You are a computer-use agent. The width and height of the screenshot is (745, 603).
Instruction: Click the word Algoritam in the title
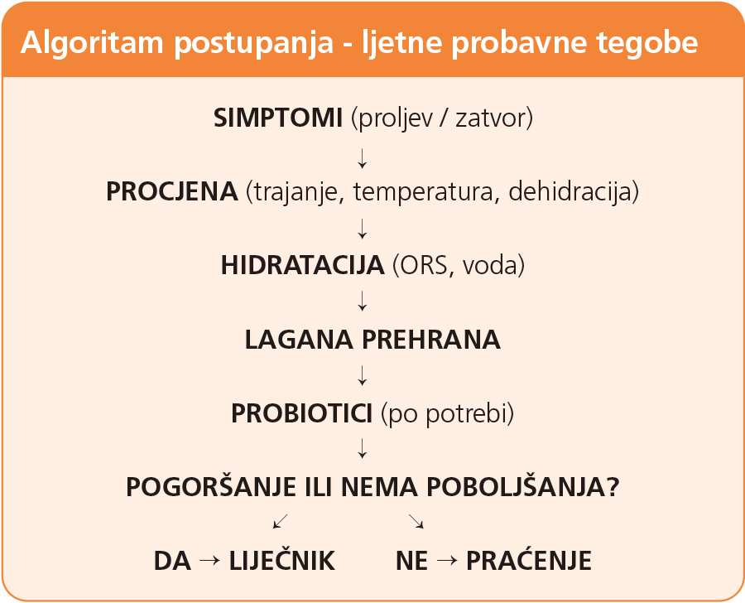click(92, 43)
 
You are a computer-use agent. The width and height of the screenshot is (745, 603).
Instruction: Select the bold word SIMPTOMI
click(278, 118)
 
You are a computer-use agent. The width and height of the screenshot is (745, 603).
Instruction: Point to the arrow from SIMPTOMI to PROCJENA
click(362, 158)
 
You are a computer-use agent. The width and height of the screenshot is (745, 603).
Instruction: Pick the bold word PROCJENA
click(171, 191)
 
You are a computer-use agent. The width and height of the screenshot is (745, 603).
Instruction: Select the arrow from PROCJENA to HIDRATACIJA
click(362, 229)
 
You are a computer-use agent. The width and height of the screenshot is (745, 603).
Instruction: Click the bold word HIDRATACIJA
click(302, 265)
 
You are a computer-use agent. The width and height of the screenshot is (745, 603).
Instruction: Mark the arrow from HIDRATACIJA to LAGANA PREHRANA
click(362, 301)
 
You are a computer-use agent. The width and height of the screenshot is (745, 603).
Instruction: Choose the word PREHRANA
click(431, 340)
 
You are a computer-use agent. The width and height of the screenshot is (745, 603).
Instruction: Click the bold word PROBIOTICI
click(301, 412)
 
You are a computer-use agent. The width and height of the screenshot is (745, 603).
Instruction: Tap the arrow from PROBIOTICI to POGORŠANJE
click(362, 448)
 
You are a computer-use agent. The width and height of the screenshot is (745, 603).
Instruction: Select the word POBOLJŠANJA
click(523, 486)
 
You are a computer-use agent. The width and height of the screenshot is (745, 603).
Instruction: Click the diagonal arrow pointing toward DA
click(281, 521)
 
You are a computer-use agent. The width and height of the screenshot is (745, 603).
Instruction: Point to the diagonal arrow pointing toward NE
click(416, 521)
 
